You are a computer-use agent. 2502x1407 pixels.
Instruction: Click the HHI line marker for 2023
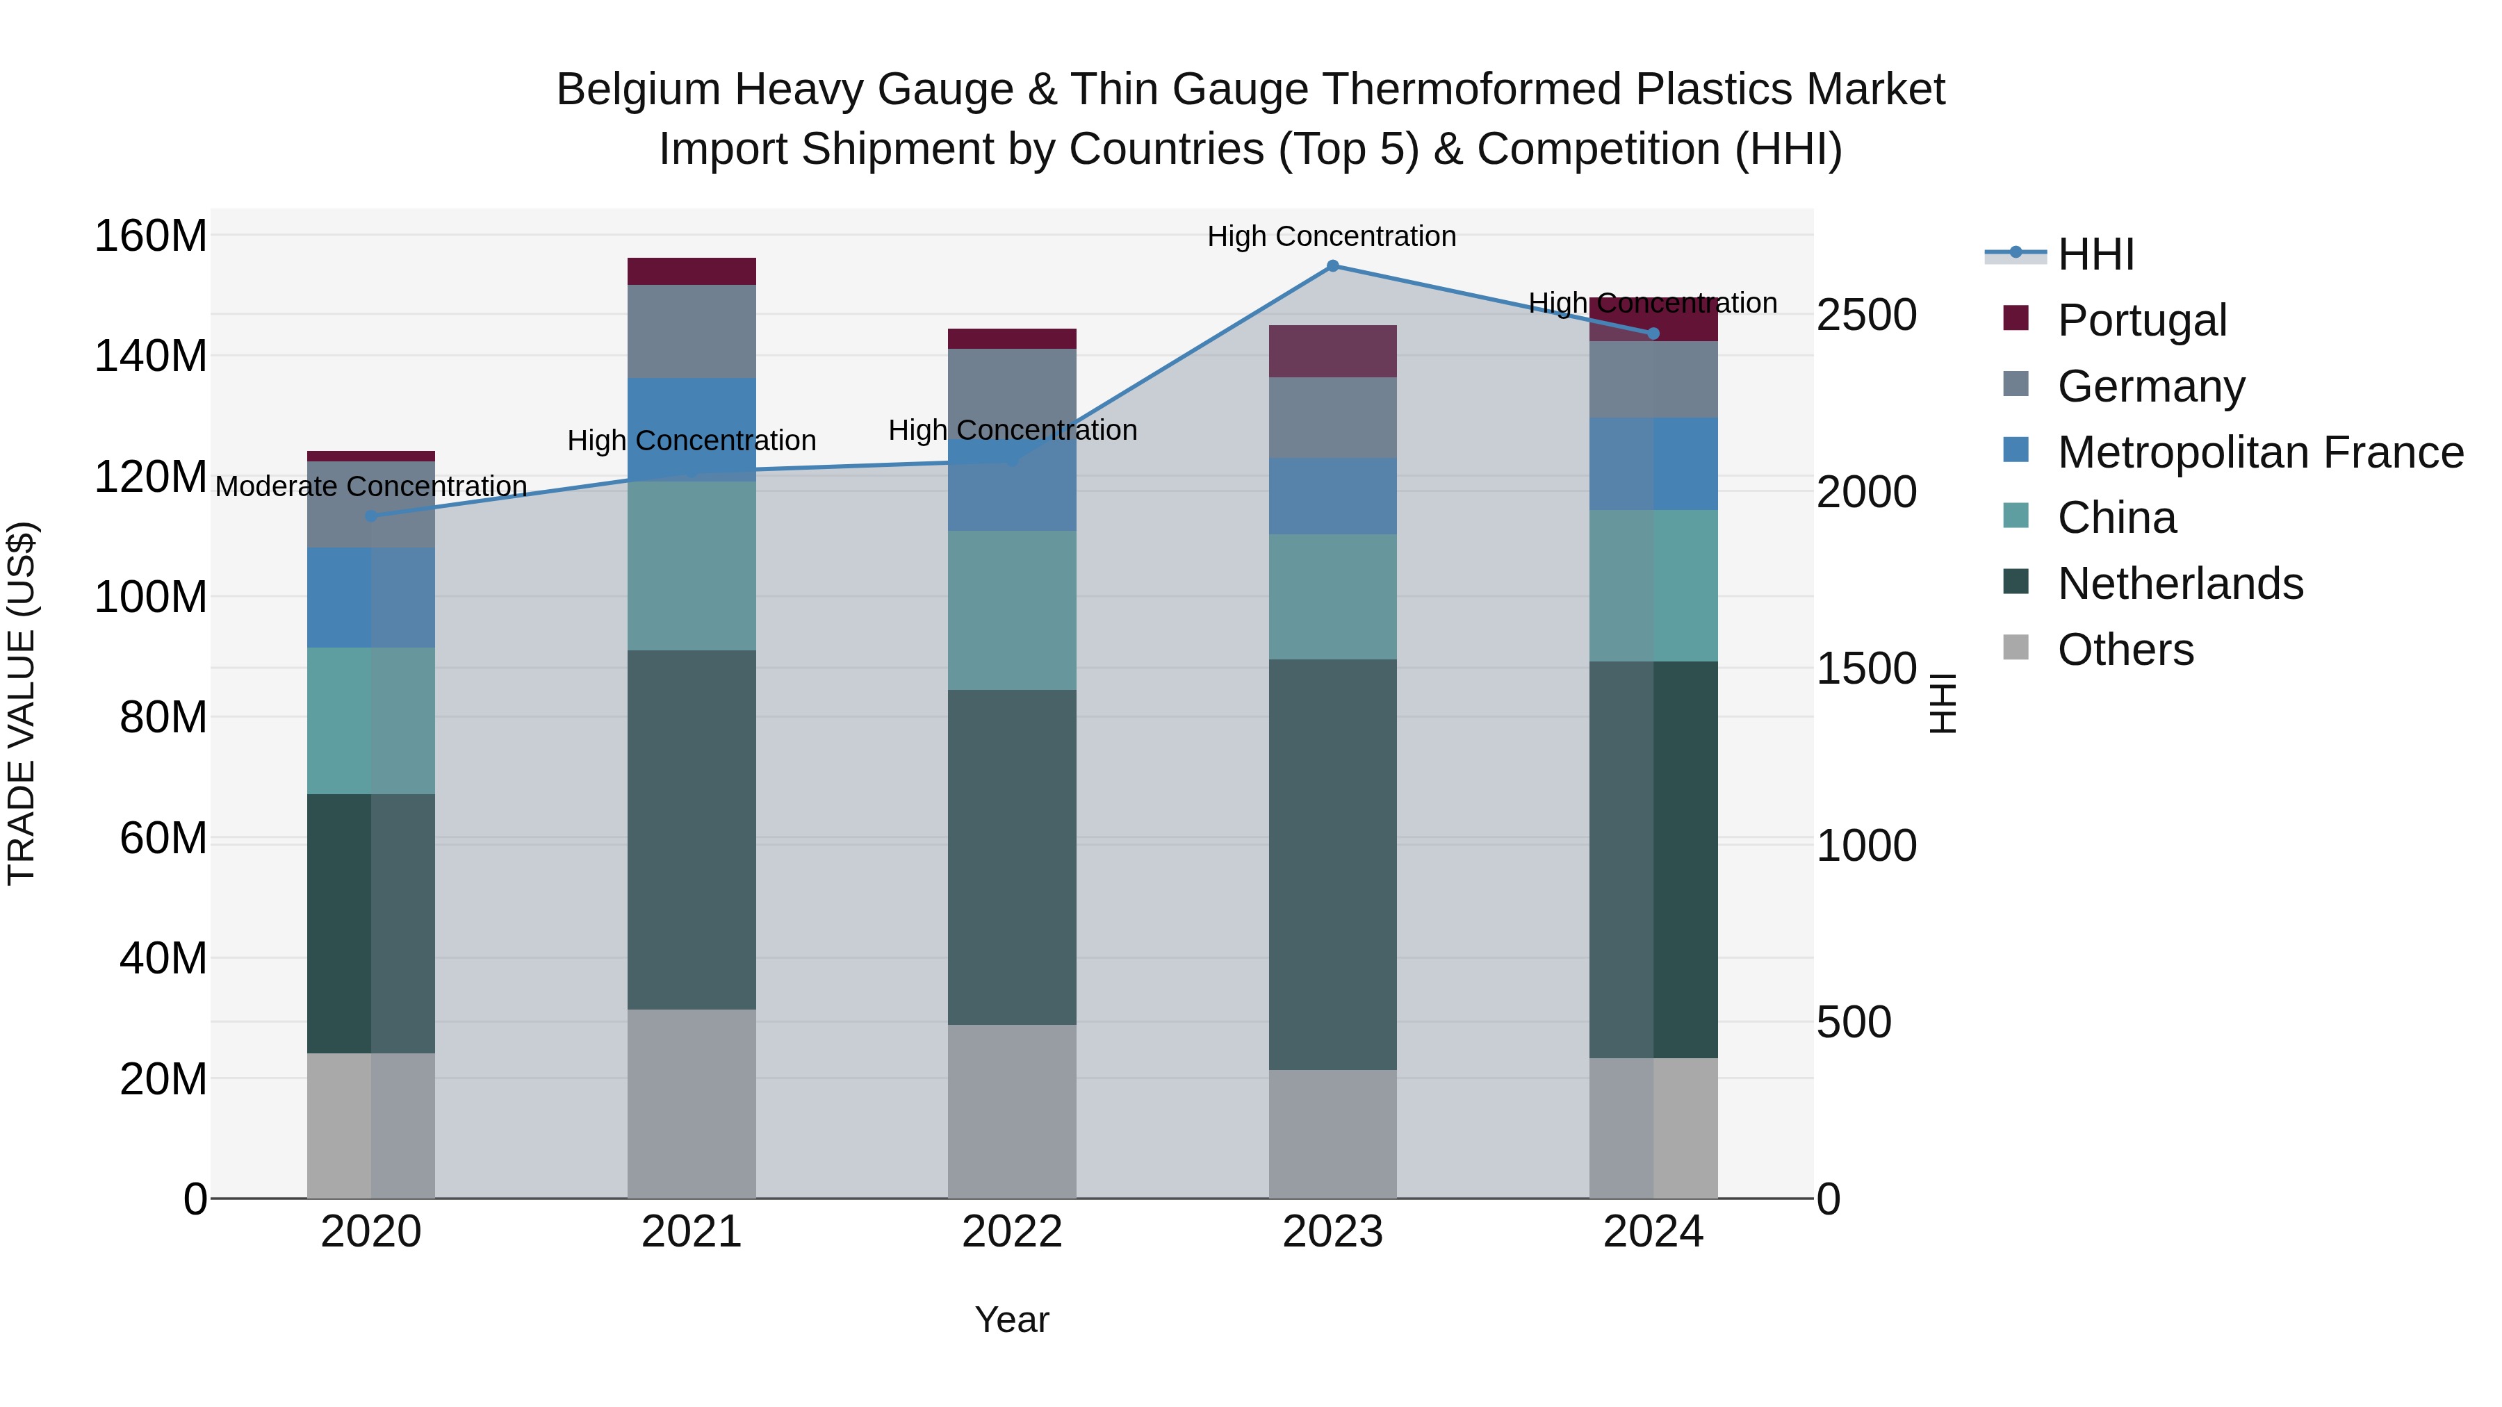[1332, 266]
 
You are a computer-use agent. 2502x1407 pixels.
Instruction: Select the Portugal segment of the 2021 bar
[692, 271]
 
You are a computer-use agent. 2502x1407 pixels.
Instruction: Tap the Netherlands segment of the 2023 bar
[1332, 864]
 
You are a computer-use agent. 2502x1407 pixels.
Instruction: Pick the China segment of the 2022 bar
[1012, 610]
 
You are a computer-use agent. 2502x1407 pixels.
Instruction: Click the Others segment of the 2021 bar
[692, 1103]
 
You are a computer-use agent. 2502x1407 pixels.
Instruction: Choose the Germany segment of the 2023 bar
[1332, 418]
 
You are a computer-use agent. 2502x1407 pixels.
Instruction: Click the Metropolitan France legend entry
[2259, 452]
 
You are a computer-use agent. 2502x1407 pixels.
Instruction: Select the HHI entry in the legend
[2095, 254]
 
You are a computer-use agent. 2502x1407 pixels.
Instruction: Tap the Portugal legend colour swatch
[2015, 318]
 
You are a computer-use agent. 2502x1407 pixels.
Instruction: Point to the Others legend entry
[2125, 650]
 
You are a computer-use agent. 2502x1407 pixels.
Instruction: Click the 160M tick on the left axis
[151, 236]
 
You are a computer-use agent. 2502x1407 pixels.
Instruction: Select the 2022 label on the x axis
[1012, 1232]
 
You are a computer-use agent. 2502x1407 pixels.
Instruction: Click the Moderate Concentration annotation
[371, 486]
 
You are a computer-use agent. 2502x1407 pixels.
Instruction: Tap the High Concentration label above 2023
[1332, 236]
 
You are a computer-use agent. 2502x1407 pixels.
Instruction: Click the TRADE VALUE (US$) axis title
[22, 703]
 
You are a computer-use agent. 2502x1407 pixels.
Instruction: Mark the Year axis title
[1012, 1319]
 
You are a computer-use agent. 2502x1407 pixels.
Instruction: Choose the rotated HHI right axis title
[1943, 703]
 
